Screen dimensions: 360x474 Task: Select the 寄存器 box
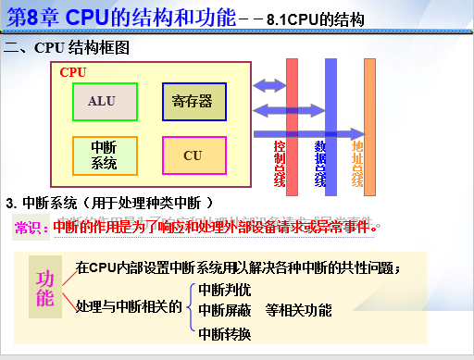click(193, 101)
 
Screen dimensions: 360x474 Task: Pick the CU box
click(193, 155)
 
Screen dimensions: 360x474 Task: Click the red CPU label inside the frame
click(73, 71)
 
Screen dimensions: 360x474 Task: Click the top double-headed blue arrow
click(269, 86)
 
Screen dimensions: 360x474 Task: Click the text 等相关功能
click(298, 311)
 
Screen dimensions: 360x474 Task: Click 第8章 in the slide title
click(34, 17)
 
